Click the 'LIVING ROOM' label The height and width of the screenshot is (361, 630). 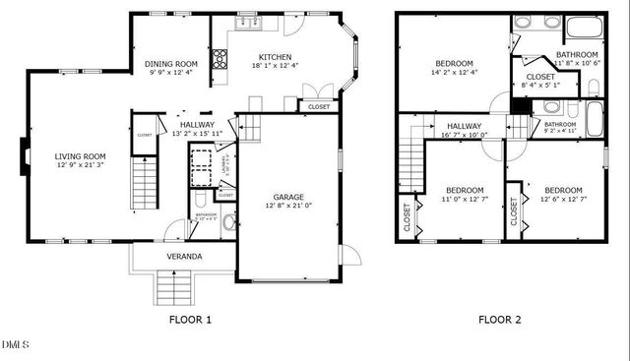[80, 156]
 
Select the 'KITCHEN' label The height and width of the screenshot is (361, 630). [276, 56]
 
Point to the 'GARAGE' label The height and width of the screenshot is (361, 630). [287, 197]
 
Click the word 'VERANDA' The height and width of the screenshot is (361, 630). [184, 257]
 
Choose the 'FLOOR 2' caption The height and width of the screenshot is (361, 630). [500, 319]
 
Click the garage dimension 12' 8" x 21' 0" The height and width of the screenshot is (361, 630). [287, 206]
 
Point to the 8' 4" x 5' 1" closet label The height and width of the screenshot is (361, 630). [540, 86]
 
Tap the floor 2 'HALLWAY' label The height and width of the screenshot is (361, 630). [465, 126]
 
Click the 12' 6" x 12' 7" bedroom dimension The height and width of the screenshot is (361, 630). [563, 200]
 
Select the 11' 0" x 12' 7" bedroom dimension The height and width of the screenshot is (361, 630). [464, 200]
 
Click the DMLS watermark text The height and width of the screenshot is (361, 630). [16, 345]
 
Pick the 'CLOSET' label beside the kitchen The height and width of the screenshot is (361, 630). [318, 106]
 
